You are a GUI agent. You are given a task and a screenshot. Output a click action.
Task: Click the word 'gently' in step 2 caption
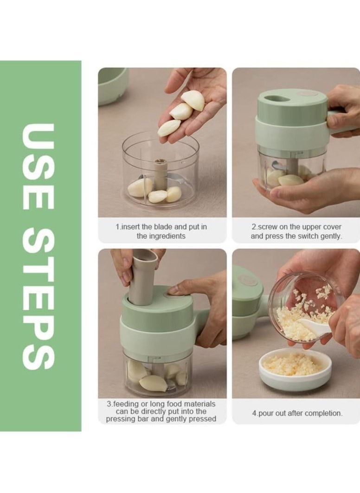[331, 236]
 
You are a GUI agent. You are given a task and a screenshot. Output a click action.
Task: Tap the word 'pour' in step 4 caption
[268, 413]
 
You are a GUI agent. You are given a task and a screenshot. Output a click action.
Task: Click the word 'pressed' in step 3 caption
[204, 419]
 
